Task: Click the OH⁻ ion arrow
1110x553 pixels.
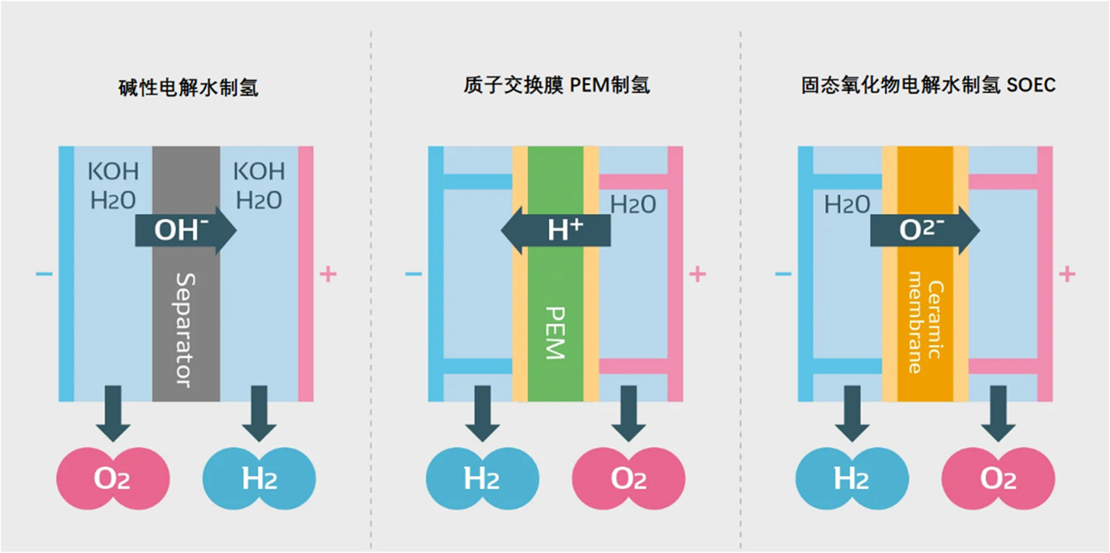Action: pyautogui.click(x=185, y=230)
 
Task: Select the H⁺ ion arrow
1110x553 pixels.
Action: pyautogui.click(x=556, y=230)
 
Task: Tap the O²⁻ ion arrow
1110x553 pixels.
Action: pyautogui.click(x=925, y=230)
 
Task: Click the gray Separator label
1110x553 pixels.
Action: pyautogui.click(x=186, y=330)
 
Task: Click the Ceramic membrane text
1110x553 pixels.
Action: pyautogui.click(x=925, y=326)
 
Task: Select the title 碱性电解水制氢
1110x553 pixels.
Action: pyautogui.click(x=188, y=88)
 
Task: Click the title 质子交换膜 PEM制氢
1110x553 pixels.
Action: pyautogui.click(x=554, y=85)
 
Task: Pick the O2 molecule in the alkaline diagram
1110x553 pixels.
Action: pyautogui.click(x=113, y=478)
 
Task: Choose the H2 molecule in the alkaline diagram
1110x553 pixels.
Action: pyautogui.click(x=259, y=478)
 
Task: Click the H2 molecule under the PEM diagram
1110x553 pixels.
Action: pyautogui.click(x=482, y=478)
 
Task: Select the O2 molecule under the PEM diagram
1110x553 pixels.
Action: pyautogui.click(x=628, y=478)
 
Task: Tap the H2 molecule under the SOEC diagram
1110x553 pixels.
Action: pyautogui.click(x=852, y=478)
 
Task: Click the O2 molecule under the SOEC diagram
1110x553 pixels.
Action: pyautogui.click(x=998, y=478)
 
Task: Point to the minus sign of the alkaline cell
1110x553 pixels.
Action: pyautogui.click(x=44, y=275)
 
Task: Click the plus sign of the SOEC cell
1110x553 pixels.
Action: pyautogui.click(x=1066, y=275)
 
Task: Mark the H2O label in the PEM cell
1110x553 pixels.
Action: pyautogui.click(x=633, y=204)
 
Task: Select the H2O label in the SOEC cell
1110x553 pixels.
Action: pyautogui.click(x=847, y=204)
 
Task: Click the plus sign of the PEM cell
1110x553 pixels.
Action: pyautogui.click(x=697, y=275)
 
